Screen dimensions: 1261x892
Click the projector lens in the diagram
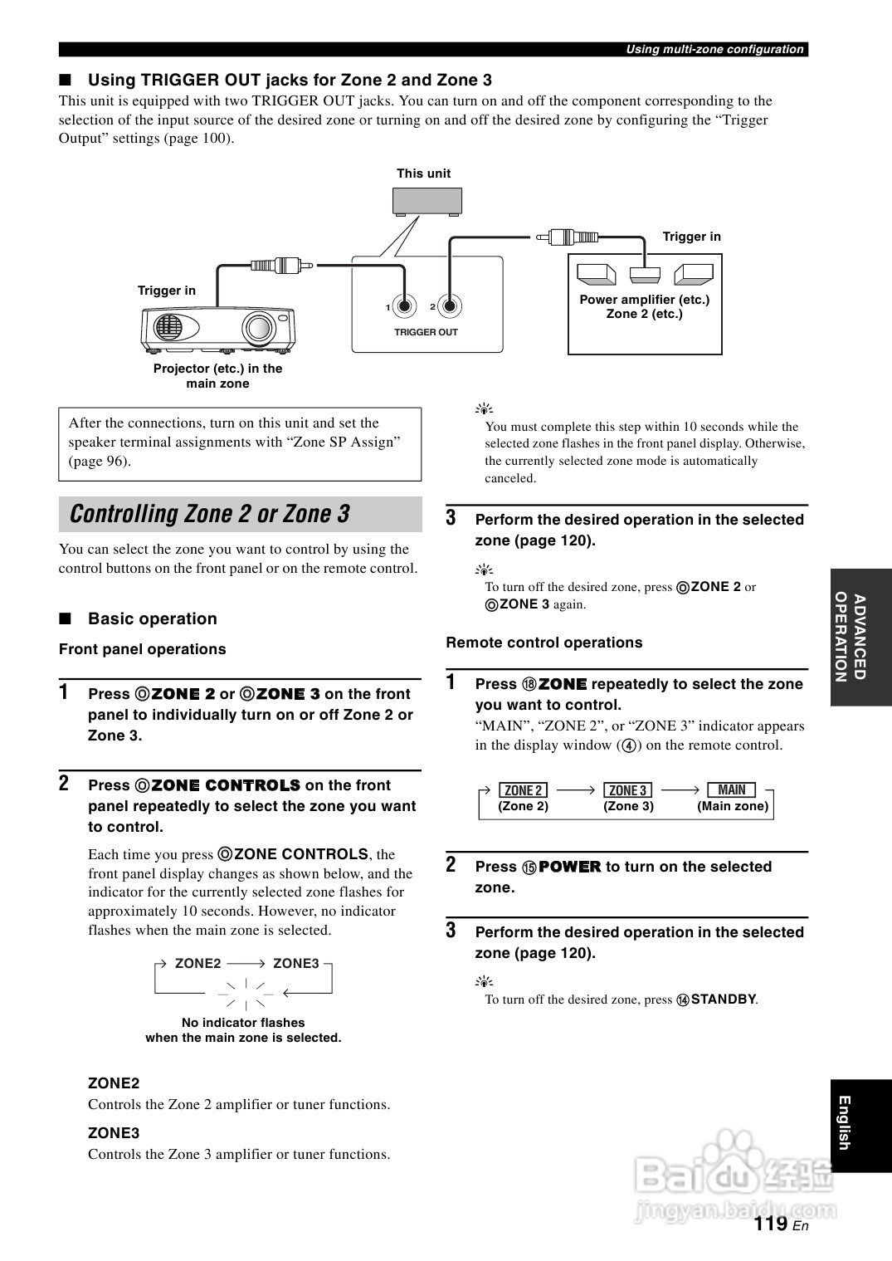click(x=258, y=329)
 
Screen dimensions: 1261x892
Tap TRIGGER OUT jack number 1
click(x=404, y=306)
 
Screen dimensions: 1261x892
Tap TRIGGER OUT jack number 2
click(x=449, y=306)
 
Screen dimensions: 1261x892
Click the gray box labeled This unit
click(x=427, y=201)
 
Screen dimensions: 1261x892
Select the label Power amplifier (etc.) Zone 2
click(x=645, y=306)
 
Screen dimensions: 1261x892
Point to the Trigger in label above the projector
click(x=167, y=291)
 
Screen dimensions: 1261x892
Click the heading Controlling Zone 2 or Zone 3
click(x=210, y=514)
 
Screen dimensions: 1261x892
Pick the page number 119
click(x=771, y=1223)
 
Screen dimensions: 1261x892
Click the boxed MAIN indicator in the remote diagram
click(x=732, y=790)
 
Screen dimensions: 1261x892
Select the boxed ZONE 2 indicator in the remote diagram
click(x=524, y=790)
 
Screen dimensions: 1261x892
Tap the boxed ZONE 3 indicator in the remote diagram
click(x=628, y=790)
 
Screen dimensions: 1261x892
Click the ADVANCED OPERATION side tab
click(x=860, y=637)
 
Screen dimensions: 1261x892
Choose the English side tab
click(x=860, y=1123)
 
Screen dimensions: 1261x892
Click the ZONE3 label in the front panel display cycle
click(x=295, y=963)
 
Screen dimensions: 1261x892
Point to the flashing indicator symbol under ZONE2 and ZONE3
click(x=246, y=991)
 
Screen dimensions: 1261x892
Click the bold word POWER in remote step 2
click(x=569, y=867)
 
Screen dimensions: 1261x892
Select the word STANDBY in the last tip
click(x=723, y=1000)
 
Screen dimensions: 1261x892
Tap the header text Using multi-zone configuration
click(x=714, y=50)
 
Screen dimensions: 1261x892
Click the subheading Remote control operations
click(x=543, y=643)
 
